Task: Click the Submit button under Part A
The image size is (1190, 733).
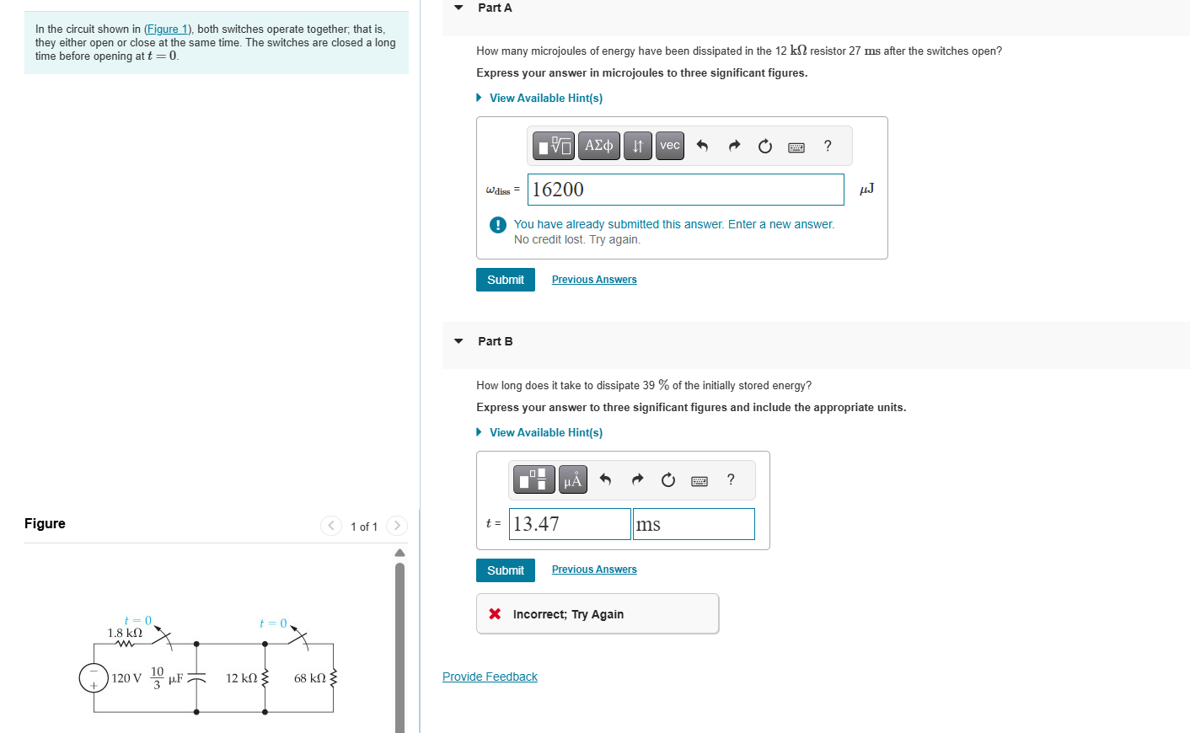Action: click(505, 280)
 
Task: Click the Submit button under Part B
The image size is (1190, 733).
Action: click(505, 570)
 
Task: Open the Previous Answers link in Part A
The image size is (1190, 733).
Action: click(593, 280)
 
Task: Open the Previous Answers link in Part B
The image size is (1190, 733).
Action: click(593, 570)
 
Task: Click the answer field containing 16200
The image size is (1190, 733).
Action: click(684, 190)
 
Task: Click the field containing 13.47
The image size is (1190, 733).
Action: click(570, 524)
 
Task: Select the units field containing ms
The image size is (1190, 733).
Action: click(693, 524)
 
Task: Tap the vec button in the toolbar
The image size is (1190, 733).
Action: click(669, 146)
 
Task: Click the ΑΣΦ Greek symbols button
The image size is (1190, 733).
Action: click(598, 146)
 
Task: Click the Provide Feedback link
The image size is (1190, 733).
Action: click(490, 677)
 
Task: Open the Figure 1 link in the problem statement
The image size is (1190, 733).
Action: click(167, 29)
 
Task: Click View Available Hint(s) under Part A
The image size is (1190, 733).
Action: click(545, 98)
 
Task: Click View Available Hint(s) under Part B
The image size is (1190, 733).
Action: click(545, 432)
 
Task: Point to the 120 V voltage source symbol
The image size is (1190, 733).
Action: click(94, 677)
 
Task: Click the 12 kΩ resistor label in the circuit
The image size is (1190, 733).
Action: click(241, 678)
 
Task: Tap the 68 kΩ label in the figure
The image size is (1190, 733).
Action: click(309, 678)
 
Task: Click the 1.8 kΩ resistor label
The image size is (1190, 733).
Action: click(125, 633)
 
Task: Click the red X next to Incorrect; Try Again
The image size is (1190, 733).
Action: click(495, 614)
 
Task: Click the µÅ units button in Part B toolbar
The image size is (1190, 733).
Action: click(572, 480)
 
